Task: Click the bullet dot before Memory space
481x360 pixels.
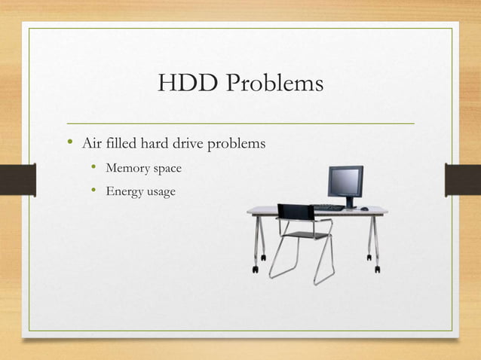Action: (x=93, y=168)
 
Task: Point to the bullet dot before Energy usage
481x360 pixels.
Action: (x=93, y=192)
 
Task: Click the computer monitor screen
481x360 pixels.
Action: (x=345, y=181)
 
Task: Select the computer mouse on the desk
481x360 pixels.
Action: (x=365, y=208)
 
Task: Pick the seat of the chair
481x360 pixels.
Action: (x=308, y=235)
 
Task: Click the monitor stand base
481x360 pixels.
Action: (x=350, y=206)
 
